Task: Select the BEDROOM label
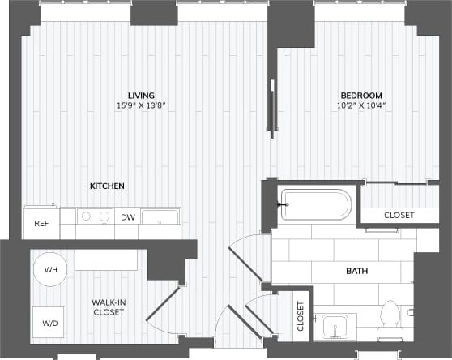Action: (360, 95)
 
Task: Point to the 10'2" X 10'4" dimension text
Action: (360, 105)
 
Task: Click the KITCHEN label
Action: (107, 186)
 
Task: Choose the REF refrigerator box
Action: (41, 223)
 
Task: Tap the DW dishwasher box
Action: (127, 217)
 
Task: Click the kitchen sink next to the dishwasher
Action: (160, 216)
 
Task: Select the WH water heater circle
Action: (50, 270)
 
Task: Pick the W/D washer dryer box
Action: (49, 322)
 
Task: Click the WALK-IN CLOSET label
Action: (107, 307)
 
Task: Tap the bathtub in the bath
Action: (315, 204)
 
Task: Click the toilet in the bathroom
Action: (390, 319)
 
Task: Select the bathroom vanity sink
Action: (334, 327)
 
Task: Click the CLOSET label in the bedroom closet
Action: (399, 216)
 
